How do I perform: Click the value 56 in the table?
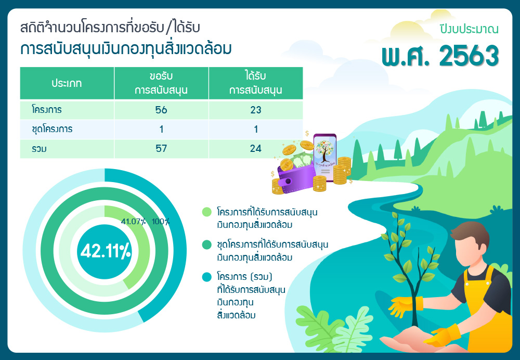click(x=161, y=110)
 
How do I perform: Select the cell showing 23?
click(x=256, y=110)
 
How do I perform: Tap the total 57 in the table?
click(x=161, y=148)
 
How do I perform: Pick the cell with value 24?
click(x=256, y=148)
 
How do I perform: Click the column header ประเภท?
click(x=67, y=83)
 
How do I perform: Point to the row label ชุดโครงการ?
click(x=52, y=129)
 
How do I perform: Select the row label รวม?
click(x=39, y=149)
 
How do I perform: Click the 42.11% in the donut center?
click(x=106, y=251)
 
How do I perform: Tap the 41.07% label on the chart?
click(x=133, y=221)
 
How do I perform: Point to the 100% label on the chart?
click(x=161, y=221)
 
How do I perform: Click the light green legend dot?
click(x=206, y=212)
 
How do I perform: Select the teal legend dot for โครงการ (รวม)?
click(x=206, y=277)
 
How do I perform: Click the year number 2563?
click(x=469, y=56)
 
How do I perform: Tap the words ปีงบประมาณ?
click(x=469, y=29)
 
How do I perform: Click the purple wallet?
click(x=296, y=177)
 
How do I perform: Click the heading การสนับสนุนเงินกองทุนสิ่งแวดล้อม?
click(x=126, y=49)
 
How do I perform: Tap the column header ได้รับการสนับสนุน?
click(x=256, y=83)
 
